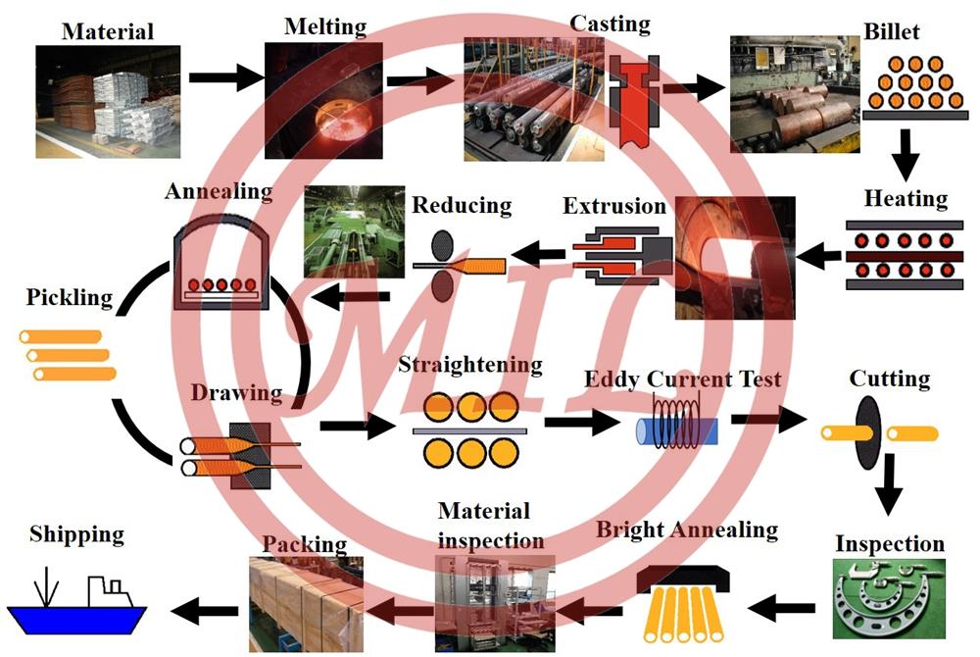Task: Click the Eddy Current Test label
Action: point(682,379)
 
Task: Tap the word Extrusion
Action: point(614,206)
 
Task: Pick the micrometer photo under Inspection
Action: point(889,599)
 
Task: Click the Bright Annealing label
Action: point(686,531)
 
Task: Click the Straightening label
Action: point(469,366)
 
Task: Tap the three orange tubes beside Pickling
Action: point(67,355)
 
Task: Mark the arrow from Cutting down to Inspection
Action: point(888,484)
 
